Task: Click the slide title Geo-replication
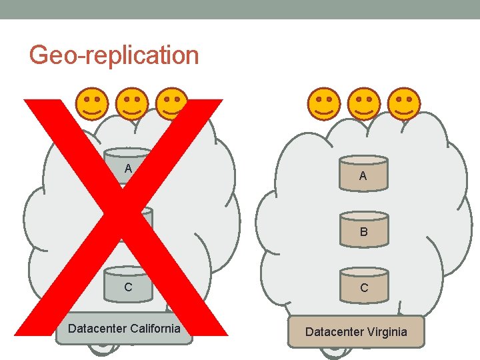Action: pyautogui.click(x=114, y=55)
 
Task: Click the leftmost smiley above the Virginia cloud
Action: pyautogui.click(x=323, y=103)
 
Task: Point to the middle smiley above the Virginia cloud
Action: pyautogui.click(x=363, y=103)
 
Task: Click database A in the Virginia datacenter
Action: pyautogui.click(x=363, y=173)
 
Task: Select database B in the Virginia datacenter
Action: pyautogui.click(x=363, y=229)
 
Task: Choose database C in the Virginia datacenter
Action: pyautogui.click(x=363, y=284)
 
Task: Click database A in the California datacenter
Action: pyautogui.click(x=128, y=166)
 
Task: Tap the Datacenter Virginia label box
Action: pyautogui.click(x=356, y=331)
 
